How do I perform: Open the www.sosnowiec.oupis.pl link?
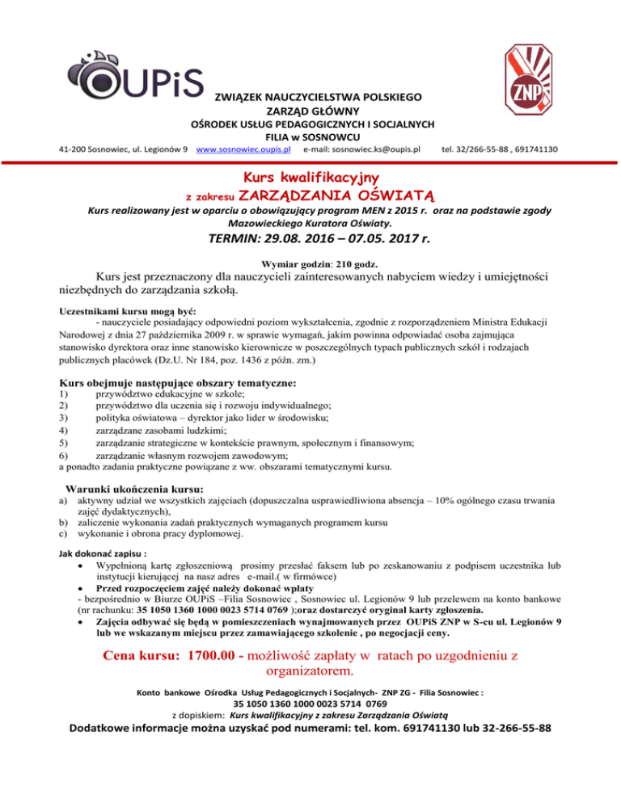(x=245, y=149)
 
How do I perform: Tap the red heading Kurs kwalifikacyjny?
(x=311, y=175)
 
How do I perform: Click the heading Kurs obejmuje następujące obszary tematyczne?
(x=178, y=382)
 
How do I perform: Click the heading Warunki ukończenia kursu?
(x=133, y=490)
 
